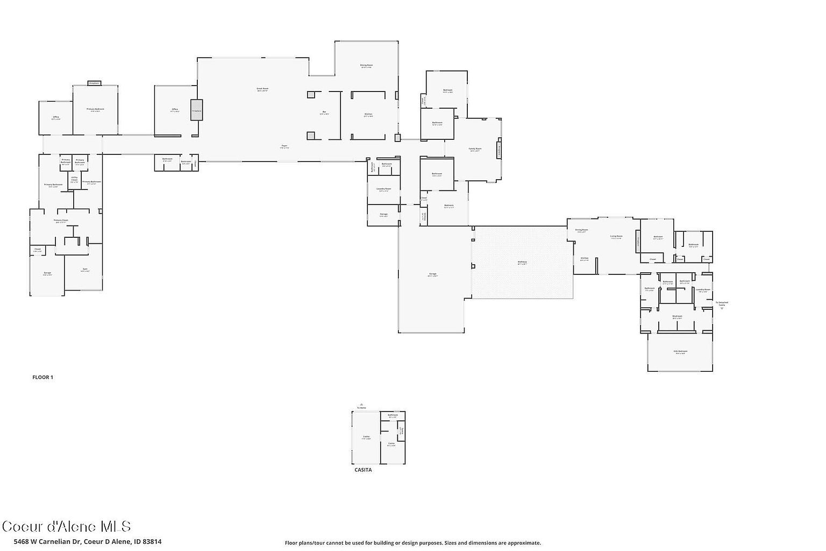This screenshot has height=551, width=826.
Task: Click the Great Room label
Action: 262,89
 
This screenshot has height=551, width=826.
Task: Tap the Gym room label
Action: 85,270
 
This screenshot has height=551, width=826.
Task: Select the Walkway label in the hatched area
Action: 522,263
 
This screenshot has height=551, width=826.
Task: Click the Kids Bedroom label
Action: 680,352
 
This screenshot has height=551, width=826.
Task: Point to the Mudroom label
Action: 677,316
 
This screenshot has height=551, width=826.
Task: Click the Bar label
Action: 324,112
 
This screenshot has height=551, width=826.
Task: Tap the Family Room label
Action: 475,149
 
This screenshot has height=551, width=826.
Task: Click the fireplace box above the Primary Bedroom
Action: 94,83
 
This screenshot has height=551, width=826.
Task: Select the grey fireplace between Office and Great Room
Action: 196,110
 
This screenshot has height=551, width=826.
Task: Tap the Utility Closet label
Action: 74,179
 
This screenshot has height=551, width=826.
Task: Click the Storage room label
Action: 383,215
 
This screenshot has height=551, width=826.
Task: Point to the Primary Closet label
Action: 60,221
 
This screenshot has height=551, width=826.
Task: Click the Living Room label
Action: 616,237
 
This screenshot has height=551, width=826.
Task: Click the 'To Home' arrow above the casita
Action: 361,405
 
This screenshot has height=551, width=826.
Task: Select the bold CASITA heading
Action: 363,470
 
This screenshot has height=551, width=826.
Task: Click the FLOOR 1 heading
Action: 43,378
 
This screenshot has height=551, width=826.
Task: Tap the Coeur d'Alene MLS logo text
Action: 66,526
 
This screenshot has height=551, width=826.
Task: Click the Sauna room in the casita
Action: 401,430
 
